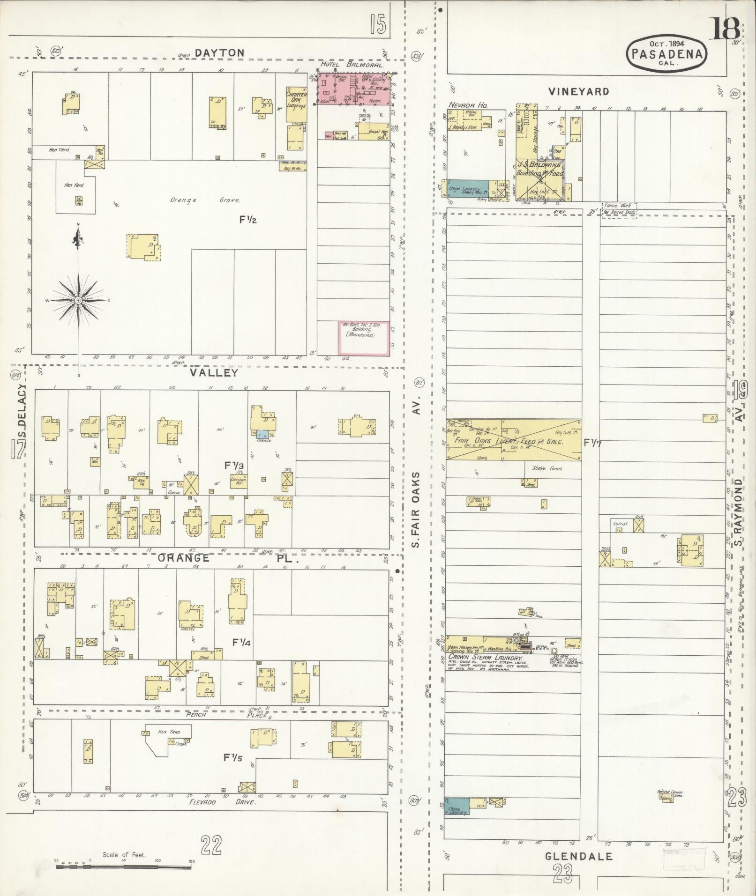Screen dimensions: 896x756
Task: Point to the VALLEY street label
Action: [x=214, y=373]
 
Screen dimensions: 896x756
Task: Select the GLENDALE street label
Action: [x=579, y=857]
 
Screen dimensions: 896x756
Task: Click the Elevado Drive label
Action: [x=222, y=802]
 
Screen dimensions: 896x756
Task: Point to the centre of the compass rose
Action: [x=78, y=300]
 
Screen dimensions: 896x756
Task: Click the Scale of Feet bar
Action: [x=124, y=867]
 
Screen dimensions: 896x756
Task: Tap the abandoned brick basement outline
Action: [x=364, y=338]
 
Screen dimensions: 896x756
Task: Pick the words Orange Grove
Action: [x=205, y=200]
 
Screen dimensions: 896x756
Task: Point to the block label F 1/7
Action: [x=593, y=443]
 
